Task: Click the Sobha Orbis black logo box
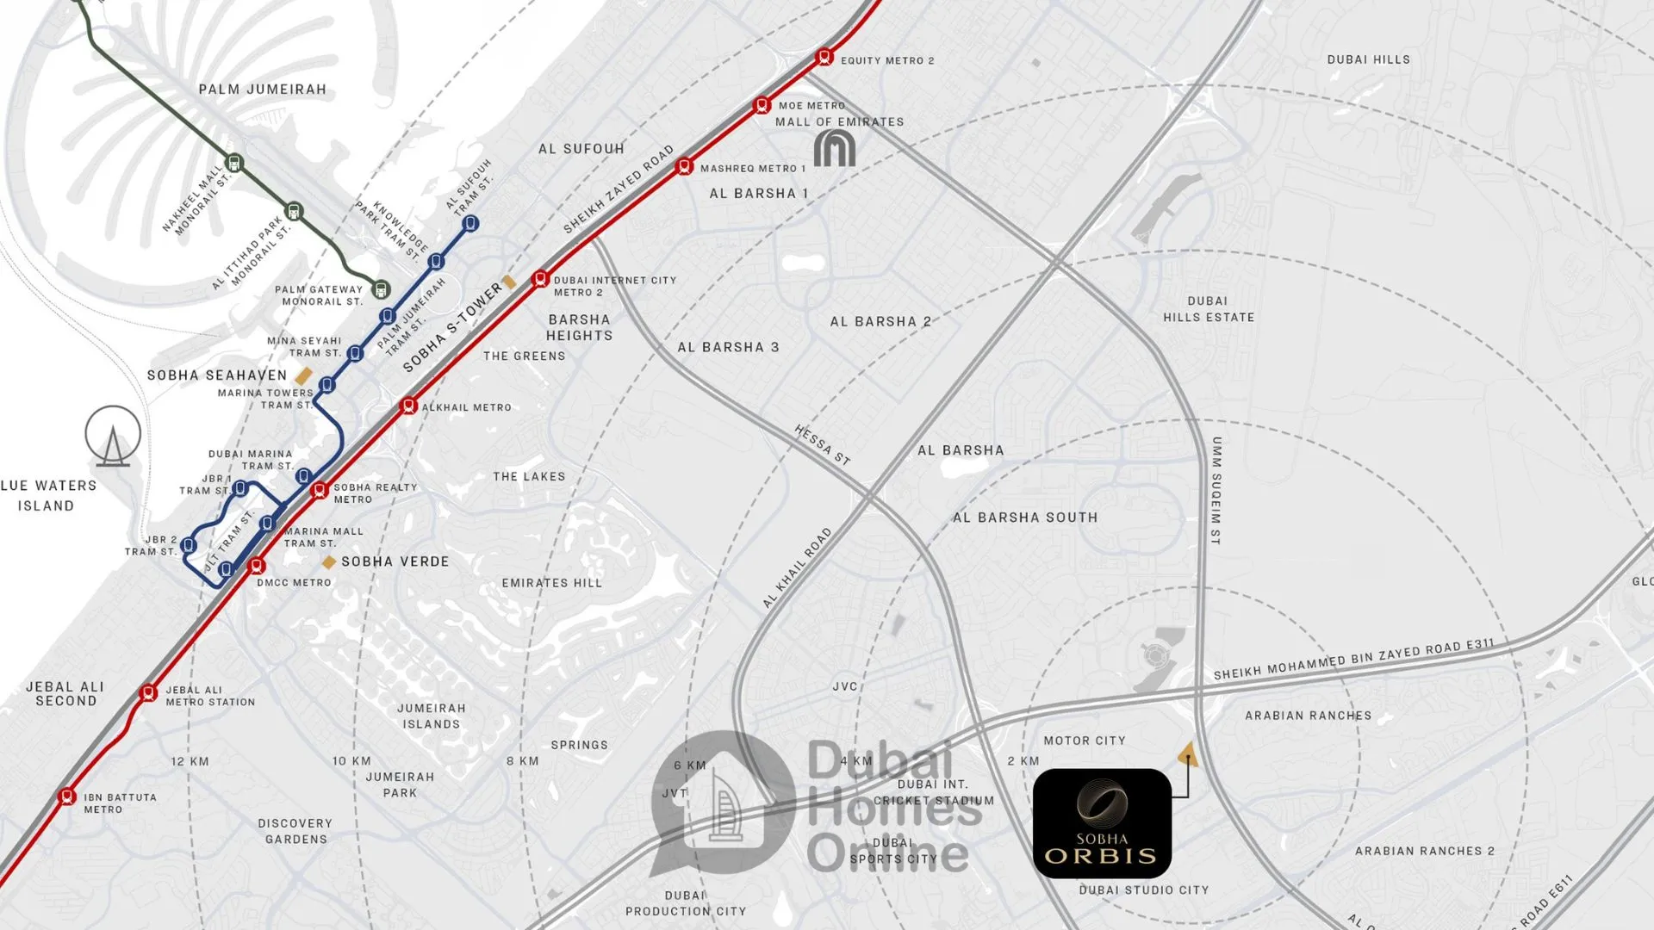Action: [x=1102, y=823]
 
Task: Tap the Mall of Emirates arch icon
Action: [x=834, y=149]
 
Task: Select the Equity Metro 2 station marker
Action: [x=824, y=58]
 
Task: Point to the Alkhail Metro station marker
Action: [x=409, y=406]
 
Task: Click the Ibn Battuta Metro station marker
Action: [x=67, y=797]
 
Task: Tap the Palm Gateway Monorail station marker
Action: [x=381, y=289]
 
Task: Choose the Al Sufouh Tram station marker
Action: [x=469, y=224]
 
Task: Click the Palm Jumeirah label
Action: [x=263, y=90]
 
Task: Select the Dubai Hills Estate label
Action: [x=1209, y=309]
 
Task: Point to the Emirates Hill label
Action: [x=552, y=583]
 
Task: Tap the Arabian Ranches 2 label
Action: [x=1425, y=851]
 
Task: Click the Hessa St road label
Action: [x=823, y=445]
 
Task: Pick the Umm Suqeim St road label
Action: [x=1216, y=490]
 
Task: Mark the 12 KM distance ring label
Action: [x=190, y=761]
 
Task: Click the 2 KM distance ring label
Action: [x=1023, y=761]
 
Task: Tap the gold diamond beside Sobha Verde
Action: [x=328, y=562]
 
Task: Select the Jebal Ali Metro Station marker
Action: [x=148, y=692]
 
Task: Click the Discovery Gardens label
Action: [x=295, y=831]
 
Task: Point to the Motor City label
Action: [x=1085, y=741]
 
